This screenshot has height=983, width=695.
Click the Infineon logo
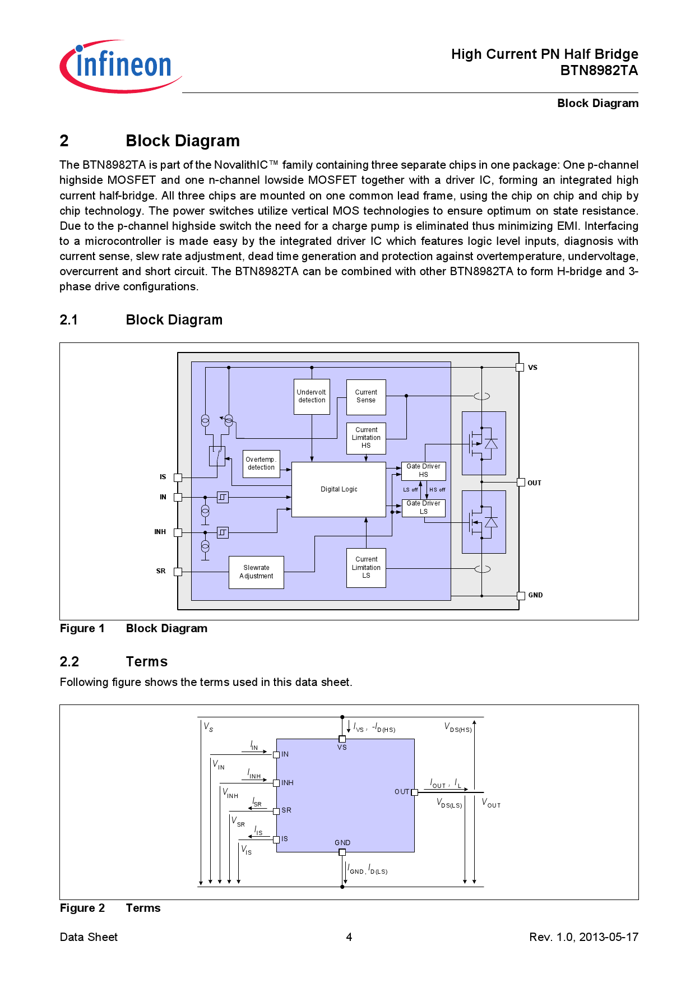tap(120, 66)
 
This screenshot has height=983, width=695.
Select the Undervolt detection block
tap(312, 396)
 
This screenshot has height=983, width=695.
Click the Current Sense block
tap(366, 396)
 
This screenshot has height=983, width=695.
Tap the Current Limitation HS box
tap(366, 438)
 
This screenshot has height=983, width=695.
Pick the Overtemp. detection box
tap(261, 463)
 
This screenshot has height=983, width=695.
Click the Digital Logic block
tap(339, 489)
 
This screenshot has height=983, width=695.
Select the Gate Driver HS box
tap(423, 471)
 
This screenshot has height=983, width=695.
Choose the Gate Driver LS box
tap(423, 508)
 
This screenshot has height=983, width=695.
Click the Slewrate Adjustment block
tap(256, 572)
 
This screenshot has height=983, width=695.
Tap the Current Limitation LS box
tap(366, 567)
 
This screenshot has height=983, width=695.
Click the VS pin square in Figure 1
tap(520, 368)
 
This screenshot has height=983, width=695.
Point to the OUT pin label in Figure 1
tap(534, 483)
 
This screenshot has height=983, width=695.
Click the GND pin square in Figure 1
tap(520, 595)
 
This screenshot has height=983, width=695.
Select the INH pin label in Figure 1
tap(160, 532)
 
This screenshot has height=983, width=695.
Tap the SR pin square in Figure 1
tap(178, 572)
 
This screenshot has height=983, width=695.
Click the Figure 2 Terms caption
tap(110, 908)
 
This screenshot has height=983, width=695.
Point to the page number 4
tap(349, 937)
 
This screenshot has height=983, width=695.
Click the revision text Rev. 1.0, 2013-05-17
tap(583, 937)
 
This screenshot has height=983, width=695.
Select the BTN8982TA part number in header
tap(599, 71)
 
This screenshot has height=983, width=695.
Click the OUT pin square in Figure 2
tap(414, 792)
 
